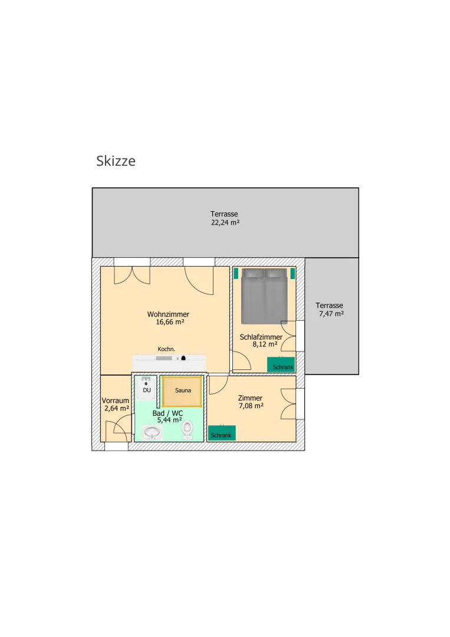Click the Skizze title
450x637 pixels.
116,161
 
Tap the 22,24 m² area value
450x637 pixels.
225,222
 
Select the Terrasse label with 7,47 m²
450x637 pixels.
329,306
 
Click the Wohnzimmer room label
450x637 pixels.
168,314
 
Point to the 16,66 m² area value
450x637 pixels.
170,322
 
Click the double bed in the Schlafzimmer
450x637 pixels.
264,295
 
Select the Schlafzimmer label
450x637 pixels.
261,337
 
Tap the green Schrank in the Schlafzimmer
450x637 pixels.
281,365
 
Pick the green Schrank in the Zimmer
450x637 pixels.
222,433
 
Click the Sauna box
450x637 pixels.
182,391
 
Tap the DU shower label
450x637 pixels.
147,390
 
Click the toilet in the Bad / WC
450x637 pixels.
187,430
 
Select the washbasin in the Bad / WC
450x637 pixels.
152,432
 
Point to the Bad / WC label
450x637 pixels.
167,413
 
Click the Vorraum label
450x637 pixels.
116,400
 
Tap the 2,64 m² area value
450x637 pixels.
117,408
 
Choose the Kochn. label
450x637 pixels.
166,349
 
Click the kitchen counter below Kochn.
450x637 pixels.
169,362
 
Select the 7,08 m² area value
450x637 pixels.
251,406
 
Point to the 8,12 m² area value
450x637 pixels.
265,344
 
